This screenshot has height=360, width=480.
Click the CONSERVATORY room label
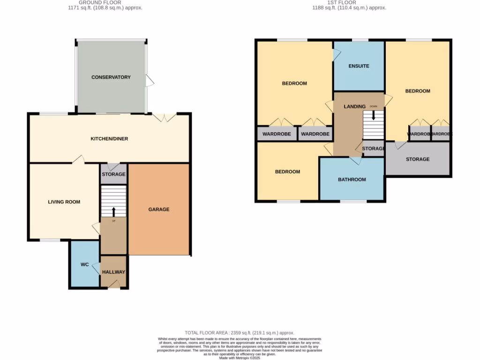pos(111,77)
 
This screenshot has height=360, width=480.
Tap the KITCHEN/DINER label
pos(109,139)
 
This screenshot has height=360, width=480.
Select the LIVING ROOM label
pos(64,202)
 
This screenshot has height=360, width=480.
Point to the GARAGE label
pos(159,209)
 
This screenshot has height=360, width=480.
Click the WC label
pos(84,265)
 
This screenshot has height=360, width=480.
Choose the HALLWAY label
pos(114,272)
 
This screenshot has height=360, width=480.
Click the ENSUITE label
pos(359,66)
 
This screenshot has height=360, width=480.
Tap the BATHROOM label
pos(352,180)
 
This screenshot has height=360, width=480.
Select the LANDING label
pos(354,106)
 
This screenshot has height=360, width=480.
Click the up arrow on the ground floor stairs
pos(113,211)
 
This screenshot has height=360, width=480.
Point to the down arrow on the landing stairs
pos(373,115)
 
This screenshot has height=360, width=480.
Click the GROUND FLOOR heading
pos(104,2)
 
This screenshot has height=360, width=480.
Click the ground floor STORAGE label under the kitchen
pos(113,174)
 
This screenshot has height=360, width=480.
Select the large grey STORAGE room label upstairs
pos(418,159)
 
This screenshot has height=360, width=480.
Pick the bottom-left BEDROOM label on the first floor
pos(287,172)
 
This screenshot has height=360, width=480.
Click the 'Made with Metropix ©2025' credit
pos(240,358)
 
